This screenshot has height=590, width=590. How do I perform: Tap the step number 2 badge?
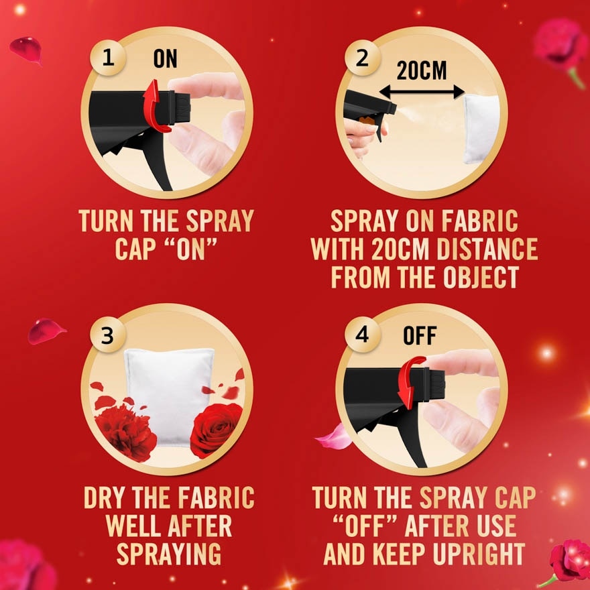pos(362,58)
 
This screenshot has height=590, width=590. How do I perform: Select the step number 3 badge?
pos(108,335)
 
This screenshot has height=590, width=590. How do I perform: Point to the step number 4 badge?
pos(362,335)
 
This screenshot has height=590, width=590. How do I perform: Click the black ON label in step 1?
pos(165,58)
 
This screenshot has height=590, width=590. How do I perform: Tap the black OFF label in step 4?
pos(420,336)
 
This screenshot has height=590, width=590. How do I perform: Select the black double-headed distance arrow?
pos(422,93)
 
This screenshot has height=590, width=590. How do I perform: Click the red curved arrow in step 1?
pos(156,106)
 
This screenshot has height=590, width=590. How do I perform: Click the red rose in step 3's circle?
pos(215,428)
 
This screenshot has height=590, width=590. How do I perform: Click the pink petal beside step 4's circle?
pos(333,437)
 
